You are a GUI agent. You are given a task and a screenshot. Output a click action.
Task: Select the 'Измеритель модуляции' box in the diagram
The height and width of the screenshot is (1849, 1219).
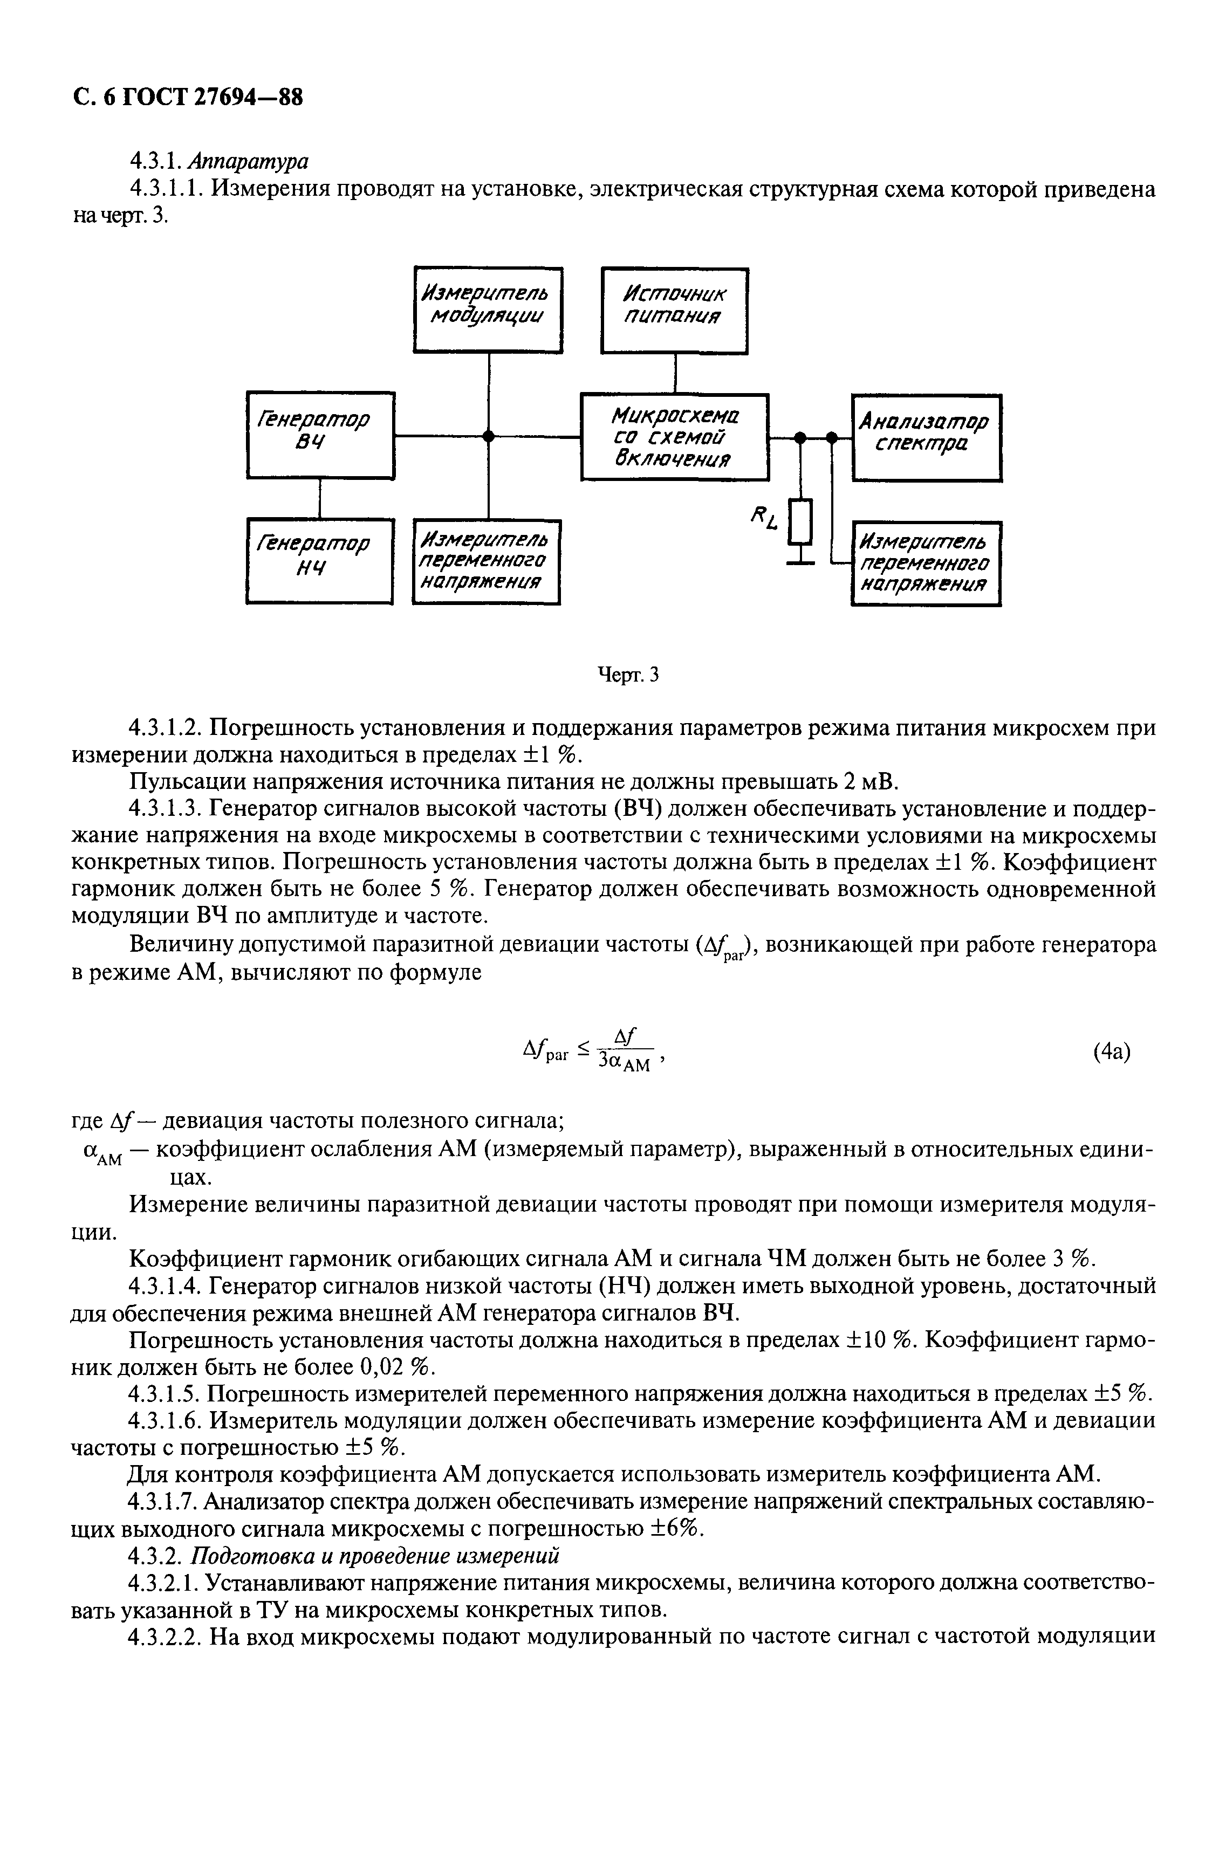488,310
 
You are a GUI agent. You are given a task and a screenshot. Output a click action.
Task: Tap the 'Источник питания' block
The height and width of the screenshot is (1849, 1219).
674,310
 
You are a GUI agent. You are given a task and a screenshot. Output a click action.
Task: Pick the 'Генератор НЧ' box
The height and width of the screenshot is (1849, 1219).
319,560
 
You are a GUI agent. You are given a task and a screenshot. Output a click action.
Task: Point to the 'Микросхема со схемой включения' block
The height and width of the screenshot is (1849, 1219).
675,436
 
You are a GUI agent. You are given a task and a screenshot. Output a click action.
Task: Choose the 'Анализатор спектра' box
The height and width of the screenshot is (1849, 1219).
927,436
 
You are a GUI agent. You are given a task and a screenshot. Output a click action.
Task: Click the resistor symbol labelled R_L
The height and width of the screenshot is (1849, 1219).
801,523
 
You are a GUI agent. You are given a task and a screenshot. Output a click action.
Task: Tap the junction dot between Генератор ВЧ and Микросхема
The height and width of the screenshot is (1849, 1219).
488,437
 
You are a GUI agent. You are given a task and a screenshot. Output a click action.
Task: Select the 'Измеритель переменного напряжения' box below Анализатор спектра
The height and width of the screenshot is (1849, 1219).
926,563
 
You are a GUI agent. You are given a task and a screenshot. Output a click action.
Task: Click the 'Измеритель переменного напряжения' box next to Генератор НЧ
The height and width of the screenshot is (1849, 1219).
487,561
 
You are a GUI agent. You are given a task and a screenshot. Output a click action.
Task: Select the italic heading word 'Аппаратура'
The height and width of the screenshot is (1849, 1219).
249,161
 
